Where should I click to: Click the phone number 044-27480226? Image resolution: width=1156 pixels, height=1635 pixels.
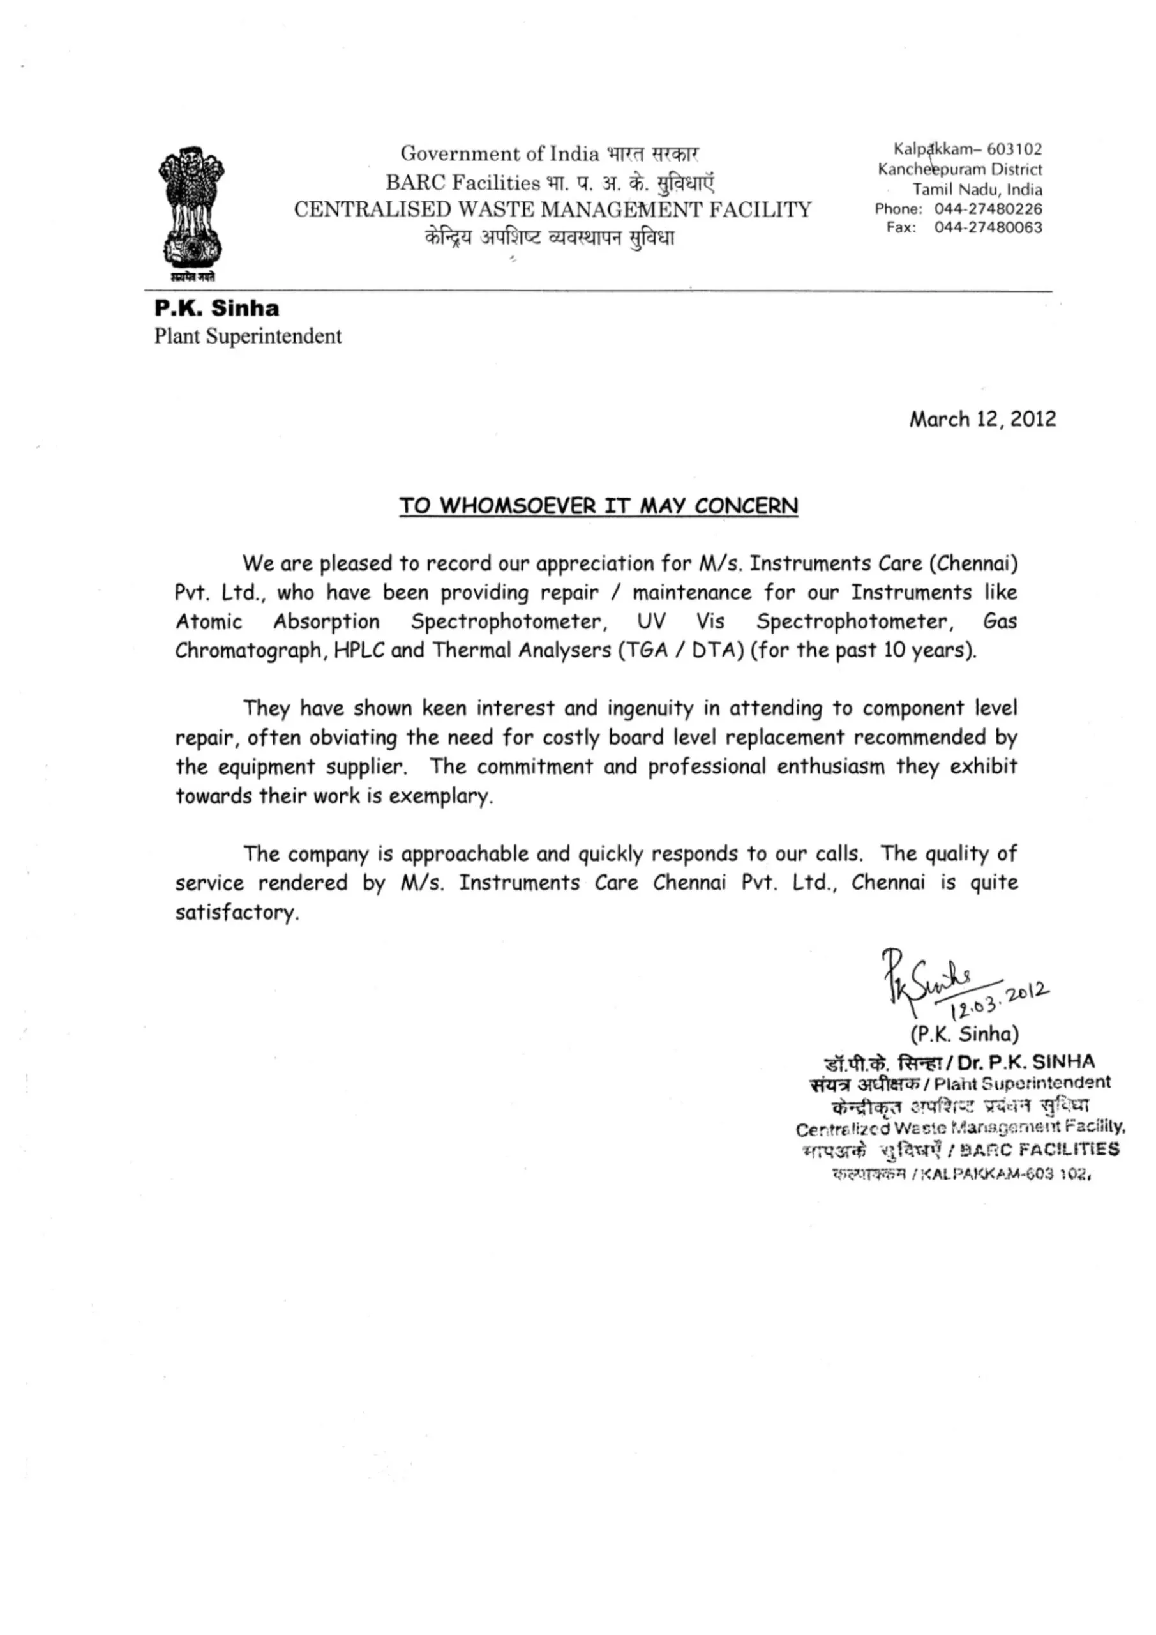click(x=988, y=209)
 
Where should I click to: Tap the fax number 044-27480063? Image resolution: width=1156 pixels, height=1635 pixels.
click(x=988, y=228)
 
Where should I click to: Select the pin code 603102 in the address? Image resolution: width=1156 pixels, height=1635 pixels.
click(x=1014, y=149)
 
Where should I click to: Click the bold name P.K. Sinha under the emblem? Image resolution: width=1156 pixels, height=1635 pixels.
click(x=217, y=308)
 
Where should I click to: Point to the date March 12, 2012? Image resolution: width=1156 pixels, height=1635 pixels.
click(x=982, y=419)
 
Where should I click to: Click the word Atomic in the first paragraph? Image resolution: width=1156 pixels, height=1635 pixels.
click(x=209, y=621)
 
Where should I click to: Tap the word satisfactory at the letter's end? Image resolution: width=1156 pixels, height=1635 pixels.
click(x=236, y=912)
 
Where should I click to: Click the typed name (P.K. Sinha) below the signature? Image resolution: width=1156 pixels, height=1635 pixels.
click(x=964, y=1033)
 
